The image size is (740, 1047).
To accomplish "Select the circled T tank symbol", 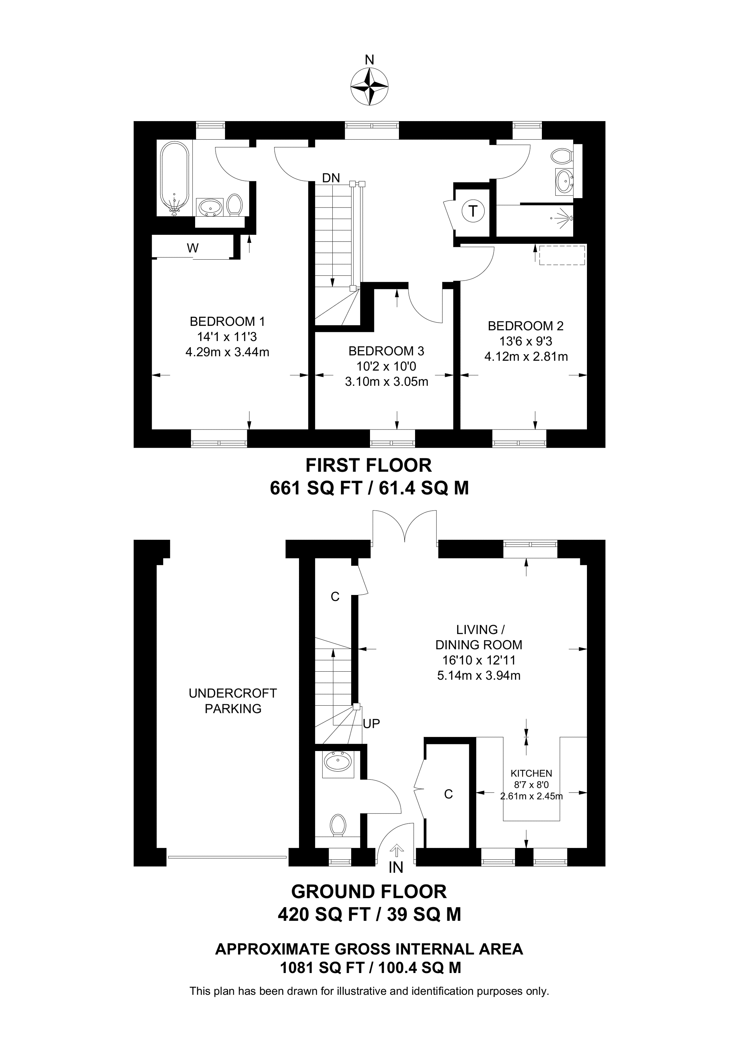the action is [x=473, y=211].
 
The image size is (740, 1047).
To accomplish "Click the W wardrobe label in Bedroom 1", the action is [x=193, y=248].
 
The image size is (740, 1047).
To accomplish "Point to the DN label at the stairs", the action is [x=331, y=178].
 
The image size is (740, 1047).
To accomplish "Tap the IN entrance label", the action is [x=396, y=868].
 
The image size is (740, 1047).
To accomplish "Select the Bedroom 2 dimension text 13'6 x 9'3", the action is [x=526, y=341].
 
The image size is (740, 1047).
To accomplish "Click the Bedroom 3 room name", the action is [x=386, y=351].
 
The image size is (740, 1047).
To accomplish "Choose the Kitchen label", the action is [x=531, y=773].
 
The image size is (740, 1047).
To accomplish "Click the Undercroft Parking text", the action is [x=232, y=701].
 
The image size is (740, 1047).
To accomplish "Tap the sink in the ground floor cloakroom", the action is [x=338, y=761].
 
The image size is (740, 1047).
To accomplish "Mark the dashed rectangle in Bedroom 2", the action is [x=562, y=255].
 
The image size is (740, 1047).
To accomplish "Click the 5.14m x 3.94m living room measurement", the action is [x=479, y=675].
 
